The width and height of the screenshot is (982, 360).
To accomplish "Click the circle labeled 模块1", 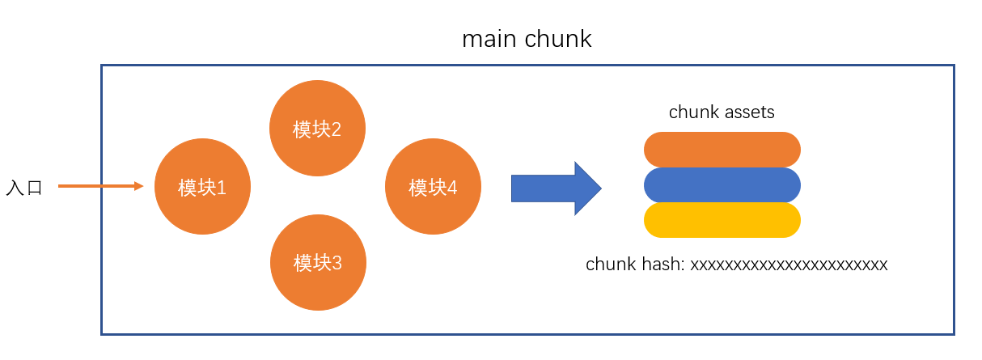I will [x=202, y=187].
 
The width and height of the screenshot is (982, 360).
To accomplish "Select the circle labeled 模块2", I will [x=317, y=129].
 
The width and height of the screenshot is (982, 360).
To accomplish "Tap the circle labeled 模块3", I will [x=318, y=262].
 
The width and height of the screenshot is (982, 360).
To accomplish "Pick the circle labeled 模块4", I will [x=433, y=188].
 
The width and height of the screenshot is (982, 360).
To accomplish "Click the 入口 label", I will [x=23, y=188].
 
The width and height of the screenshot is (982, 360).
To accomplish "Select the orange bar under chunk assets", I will [x=722, y=150].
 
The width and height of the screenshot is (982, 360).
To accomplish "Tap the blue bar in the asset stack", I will [x=722, y=185].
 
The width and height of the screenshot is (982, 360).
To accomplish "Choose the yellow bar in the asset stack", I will [x=722, y=220].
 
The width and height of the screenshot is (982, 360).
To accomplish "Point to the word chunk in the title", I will [x=559, y=39].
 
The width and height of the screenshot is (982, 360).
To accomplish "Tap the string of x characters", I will [x=789, y=265].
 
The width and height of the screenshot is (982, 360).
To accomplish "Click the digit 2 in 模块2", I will [x=336, y=129].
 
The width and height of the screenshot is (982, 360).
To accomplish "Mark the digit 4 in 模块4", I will [x=451, y=188].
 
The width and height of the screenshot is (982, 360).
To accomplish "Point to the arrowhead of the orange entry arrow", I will [x=138, y=186].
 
